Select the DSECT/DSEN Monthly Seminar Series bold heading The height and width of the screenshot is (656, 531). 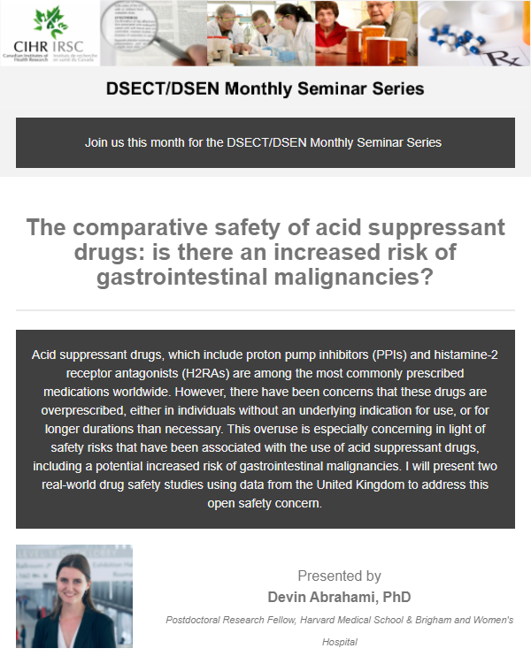[x=265, y=89]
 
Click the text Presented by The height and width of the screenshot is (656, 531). [x=339, y=576]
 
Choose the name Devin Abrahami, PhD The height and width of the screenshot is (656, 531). [x=339, y=597]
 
